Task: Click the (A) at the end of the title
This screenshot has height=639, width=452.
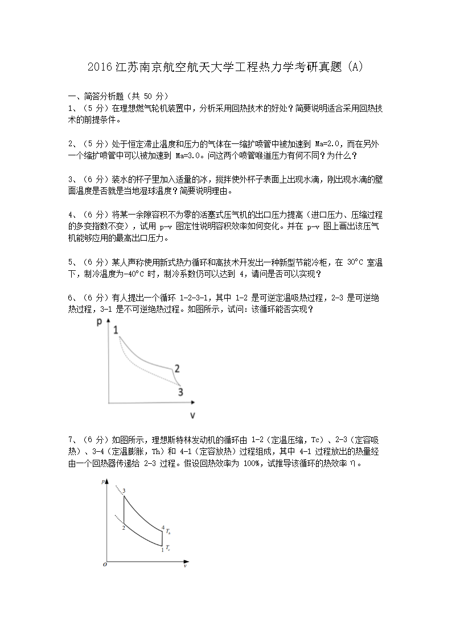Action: click(355, 67)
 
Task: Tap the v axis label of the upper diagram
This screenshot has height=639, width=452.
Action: click(192, 415)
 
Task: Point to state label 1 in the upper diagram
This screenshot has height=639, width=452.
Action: click(116, 330)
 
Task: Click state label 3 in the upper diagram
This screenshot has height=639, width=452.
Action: click(180, 391)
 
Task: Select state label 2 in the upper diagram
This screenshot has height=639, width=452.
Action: click(177, 369)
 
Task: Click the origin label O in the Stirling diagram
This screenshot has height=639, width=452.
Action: click(104, 564)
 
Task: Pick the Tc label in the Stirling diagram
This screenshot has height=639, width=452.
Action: click(168, 548)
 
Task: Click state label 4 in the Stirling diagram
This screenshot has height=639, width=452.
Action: click(163, 527)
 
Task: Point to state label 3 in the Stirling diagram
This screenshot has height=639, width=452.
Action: click(124, 490)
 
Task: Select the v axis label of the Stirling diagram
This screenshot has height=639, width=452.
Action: click(185, 566)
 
